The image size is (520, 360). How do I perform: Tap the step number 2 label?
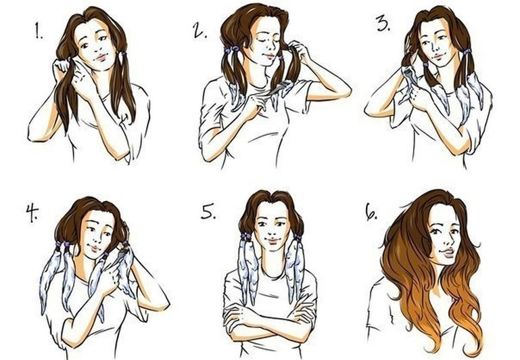pyautogui.click(x=200, y=30)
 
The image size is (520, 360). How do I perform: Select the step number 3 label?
pyautogui.click(x=383, y=23)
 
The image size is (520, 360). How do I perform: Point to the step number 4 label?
pyautogui.click(x=32, y=213)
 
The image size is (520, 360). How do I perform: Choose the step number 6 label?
pyautogui.click(x=371, y=212)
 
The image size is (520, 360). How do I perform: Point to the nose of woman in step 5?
pyautogui.click(x=272, y=232)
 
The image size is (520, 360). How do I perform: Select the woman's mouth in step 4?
pyautogui.click(x=95, y=248)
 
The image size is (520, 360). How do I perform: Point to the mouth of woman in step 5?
pyautogui.click(x=272, y=240)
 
